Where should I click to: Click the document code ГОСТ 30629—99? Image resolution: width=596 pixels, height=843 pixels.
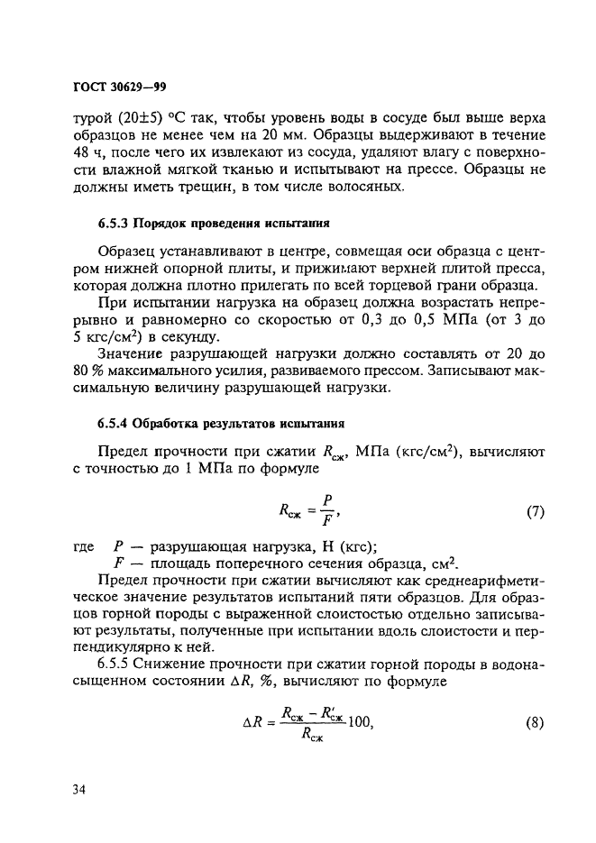pyautogui.click(x=119, y=87)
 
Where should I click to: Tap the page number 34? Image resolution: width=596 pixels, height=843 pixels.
pyautogui.click(x=79, y=790)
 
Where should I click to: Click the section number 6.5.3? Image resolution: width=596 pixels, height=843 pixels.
pyautogui.click(x=114, y=222)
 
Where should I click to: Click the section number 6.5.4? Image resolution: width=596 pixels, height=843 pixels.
pyautogui.click(x=114, y=423)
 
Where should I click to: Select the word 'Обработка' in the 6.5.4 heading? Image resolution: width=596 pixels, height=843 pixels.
pyautogui.click(x=168, y=423)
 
